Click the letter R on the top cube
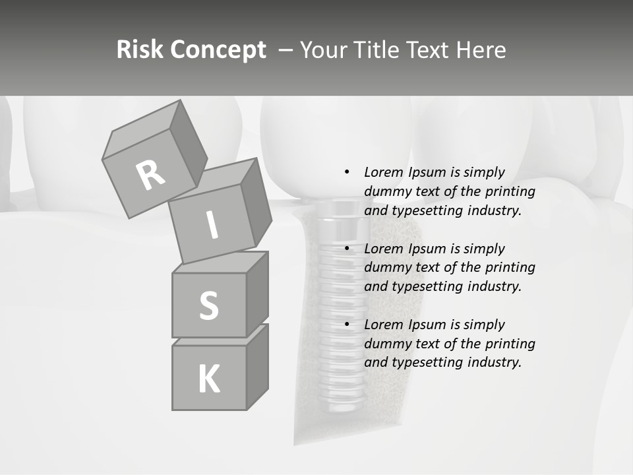(x=150, y=175)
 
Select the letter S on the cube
(x=208, y=305)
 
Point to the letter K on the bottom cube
(x=208, y=379)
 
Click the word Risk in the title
(x=140, y=49)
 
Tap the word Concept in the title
(x=218, y=49)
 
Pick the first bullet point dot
(x=347, y=172)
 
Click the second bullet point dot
(x=347, y=249)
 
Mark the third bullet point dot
(x=347, y=325)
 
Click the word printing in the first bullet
(x=510, y=192)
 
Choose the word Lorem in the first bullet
(x=384, y=172)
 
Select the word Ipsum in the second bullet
(x=428, y=249)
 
